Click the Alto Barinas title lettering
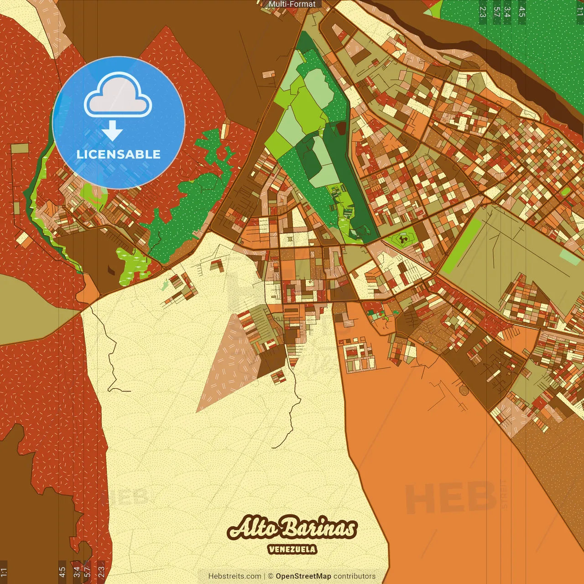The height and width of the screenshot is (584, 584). [x=292, y=528]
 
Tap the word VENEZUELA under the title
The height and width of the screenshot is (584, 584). [x=292, y=549]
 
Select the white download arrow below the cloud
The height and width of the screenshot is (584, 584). [x=112, y=130]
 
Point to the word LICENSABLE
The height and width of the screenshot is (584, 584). [x=119, y=154]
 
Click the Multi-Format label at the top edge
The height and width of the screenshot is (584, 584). [x=292, y=4]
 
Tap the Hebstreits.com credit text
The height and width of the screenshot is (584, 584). [x=235, y=576]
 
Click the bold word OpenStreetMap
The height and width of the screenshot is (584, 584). [x=303, y=576]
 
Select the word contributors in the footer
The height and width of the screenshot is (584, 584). [x=355, y=576]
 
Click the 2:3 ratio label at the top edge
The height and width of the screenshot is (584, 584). [x=483, y=11]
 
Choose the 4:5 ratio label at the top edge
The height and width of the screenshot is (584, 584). [x=522, y=11]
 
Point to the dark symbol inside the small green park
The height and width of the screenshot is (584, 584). [x=402, y=238]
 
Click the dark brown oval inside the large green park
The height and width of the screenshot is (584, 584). [x=341, y=128]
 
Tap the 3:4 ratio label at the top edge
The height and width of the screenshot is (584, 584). [x=507, y=11]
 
